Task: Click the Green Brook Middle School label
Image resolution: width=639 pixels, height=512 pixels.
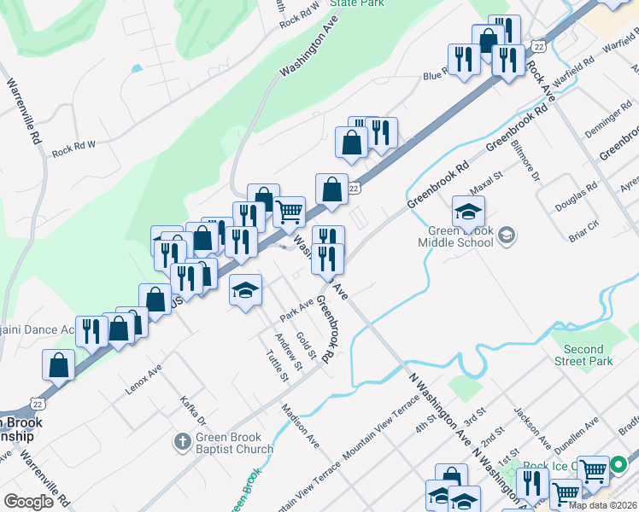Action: coord(455,236)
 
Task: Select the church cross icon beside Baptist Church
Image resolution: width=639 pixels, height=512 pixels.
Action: coord(181,442)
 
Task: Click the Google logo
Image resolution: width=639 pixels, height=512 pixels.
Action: coord(28,502)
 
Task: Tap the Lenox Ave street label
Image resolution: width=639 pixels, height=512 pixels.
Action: coord(144,379)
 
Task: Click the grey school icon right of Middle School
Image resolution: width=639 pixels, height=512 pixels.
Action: coord(507,235)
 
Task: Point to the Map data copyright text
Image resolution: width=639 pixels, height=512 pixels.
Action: coord(601,505)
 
